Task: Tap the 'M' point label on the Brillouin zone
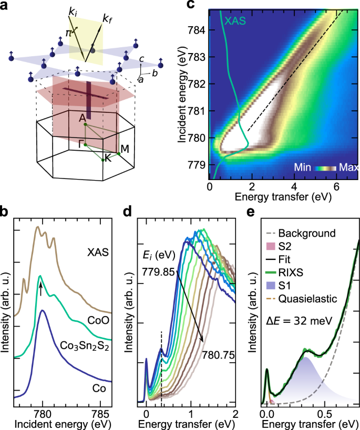[x=125, y=149]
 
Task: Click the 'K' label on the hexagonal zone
[x=108, y=159]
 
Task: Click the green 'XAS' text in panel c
[x=236, y=21]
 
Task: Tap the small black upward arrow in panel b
[x=40, y=287]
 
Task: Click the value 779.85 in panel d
[x=157, y=272]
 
